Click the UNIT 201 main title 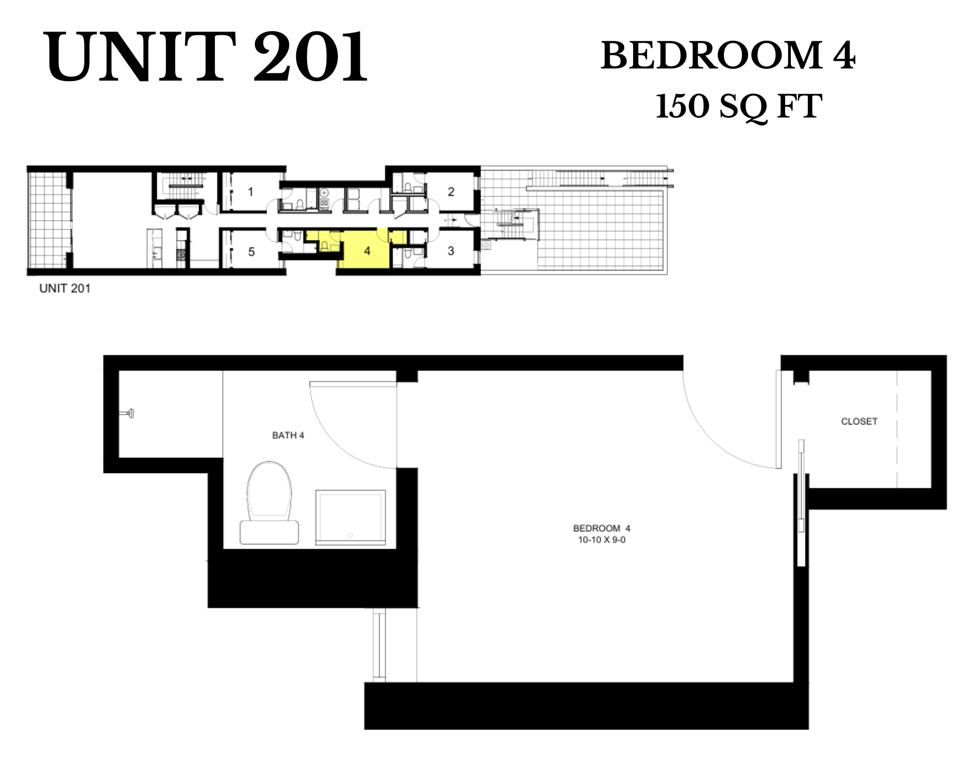[206, 57]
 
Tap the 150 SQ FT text [738, 106]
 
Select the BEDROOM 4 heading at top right [728, 56]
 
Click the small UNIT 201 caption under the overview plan [65, 288]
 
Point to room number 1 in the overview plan [251, 192]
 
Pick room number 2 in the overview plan [451, 192]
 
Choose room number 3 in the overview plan [451, 251]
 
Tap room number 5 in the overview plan [251, 252]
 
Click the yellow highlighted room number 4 [367, 251]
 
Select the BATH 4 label [288, 436]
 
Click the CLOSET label [859, 422]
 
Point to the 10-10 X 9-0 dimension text [602, 540]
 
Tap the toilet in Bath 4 [269, 505]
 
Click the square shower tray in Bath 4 [351, 517]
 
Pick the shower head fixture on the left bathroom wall [128, 414]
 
